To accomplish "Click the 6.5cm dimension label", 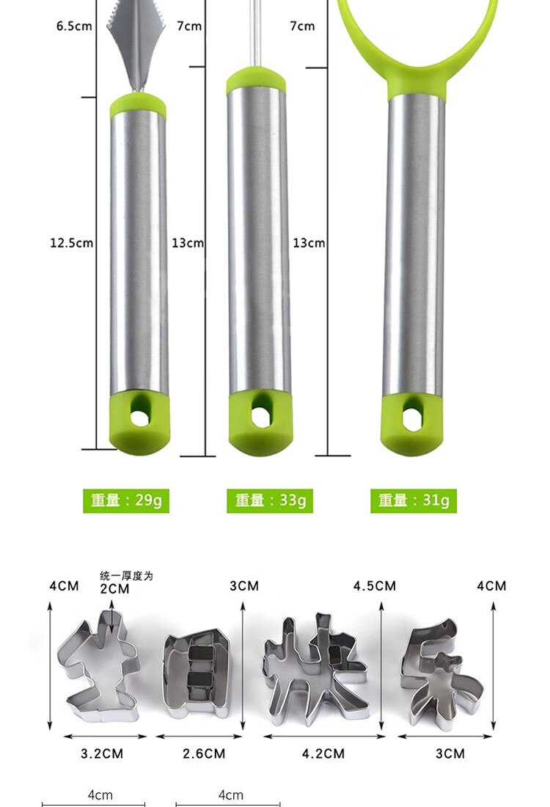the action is pyautogui.click(x=74, y=26).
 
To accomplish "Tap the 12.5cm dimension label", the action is pyautogui.click(x=72, y=242).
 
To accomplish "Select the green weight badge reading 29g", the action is pyautogui.click(x=126, y=500).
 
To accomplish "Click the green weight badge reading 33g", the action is pyautogui.click(x=270, y=500).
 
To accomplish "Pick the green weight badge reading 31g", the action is pyautogui.click(x=413, y=500).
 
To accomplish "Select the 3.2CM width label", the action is pyautogui.click(x=102, y=753).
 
